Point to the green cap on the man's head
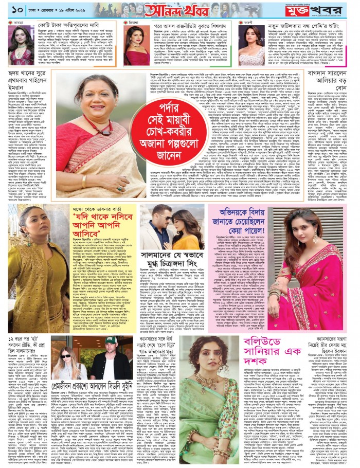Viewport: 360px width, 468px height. click(x=110, y=341)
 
